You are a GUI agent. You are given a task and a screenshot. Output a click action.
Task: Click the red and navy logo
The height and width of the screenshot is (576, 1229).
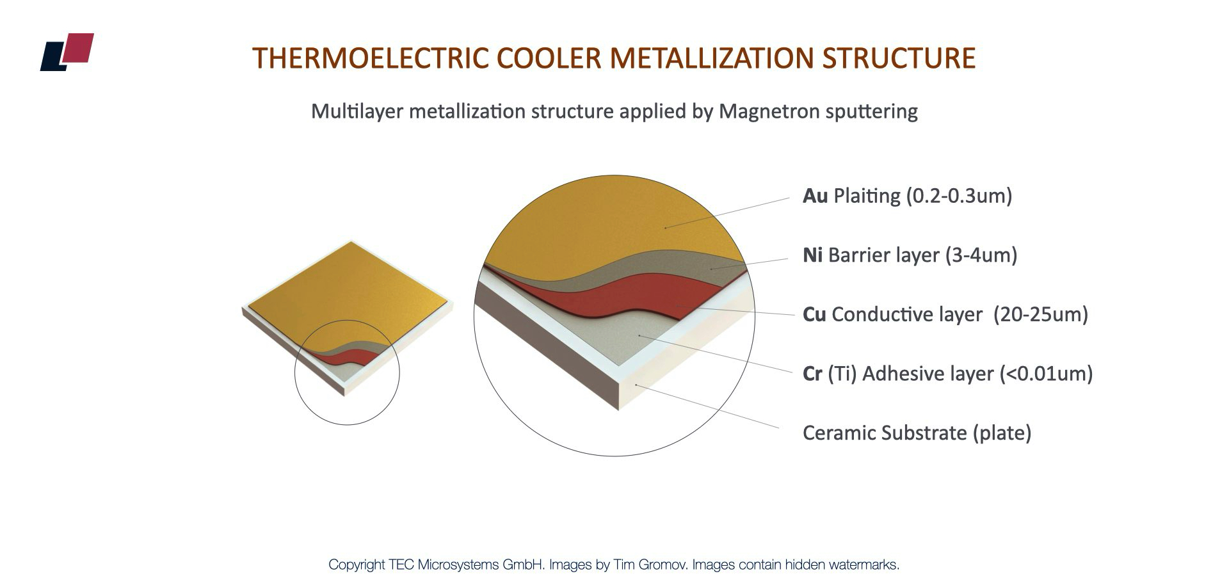[x=67, y=51]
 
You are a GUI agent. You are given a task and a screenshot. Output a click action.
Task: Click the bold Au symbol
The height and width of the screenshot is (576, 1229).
[x=815, y=196]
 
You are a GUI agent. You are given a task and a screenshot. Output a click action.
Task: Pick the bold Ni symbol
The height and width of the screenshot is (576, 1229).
[x=812, y=255]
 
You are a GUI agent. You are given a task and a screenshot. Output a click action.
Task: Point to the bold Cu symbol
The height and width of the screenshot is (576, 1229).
[x=814, y=314]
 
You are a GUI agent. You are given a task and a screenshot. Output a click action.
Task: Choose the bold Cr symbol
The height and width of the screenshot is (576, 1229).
[x=812, y=374]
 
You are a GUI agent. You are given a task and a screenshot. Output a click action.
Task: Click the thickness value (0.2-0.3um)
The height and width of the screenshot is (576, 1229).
[x=959, y=196]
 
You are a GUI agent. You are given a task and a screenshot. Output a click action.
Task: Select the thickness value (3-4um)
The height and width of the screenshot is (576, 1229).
[x=981, y=255]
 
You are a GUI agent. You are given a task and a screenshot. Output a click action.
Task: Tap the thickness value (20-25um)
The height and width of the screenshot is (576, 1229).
[x=1041, y=314]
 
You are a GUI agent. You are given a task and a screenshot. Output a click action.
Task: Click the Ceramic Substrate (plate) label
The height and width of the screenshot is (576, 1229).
[x=917, y=433]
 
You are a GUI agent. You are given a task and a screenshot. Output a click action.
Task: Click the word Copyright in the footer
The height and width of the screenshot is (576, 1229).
[x=357, y=564]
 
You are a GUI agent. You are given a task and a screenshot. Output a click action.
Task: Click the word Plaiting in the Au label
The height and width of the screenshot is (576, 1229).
[x=867, y=196]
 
